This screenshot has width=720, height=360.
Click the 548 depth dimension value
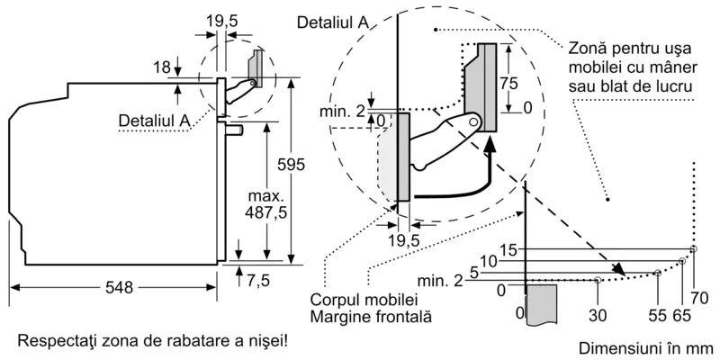[x=118, y=288]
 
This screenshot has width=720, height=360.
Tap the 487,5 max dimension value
[x=267, y=203]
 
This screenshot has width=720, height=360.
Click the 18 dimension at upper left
[x=161, y=67]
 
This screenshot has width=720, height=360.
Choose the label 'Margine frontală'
[x=370, y=317]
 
